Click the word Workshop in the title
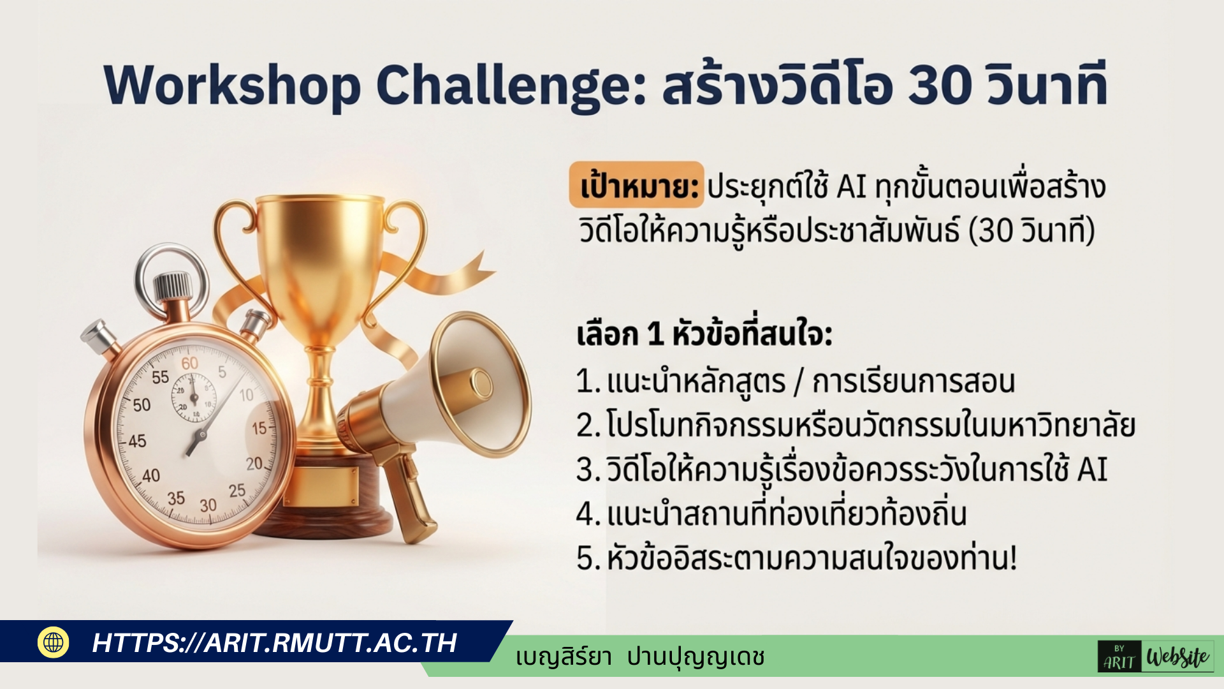(x=232, y=86)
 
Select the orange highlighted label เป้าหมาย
(x=636, y=186)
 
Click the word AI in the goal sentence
(x=851, y=188)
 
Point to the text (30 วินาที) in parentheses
(x=1031, y=231)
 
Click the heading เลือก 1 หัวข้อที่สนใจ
(x=704, y=334)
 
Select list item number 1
(x=795, y=382)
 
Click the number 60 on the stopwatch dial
(x=189, y=363)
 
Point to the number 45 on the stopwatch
(x=137, y=441)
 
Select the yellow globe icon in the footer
(x=54, y=642)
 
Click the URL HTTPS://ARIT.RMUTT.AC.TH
(x=274, y=643)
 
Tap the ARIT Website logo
(x=1155, y=657)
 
